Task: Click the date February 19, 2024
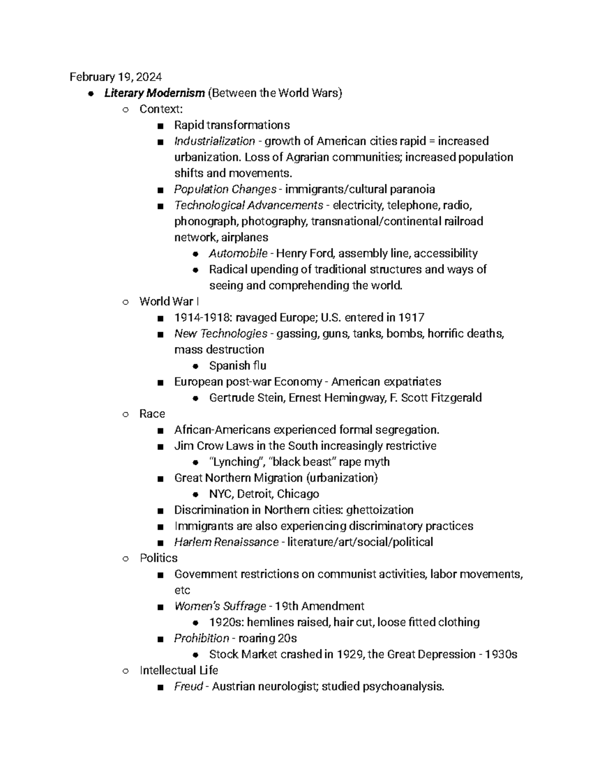click(x=115, y=77)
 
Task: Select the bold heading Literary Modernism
click(x=154, y=93)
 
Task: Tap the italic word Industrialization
click(x=214, y=141)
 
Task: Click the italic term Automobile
click(x=238, y=253)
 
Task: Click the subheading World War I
click(x=169, y=302)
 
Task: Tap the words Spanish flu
click(x=238, y=366)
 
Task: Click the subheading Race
click(x=152, y=414)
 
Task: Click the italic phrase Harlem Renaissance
click(x=226, y=542)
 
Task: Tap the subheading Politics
click(x=159, y=558)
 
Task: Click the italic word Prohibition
click(x=202, y=639)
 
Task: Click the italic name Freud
click(x=188, y=686)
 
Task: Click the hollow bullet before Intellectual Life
click(x=126, y=671)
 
